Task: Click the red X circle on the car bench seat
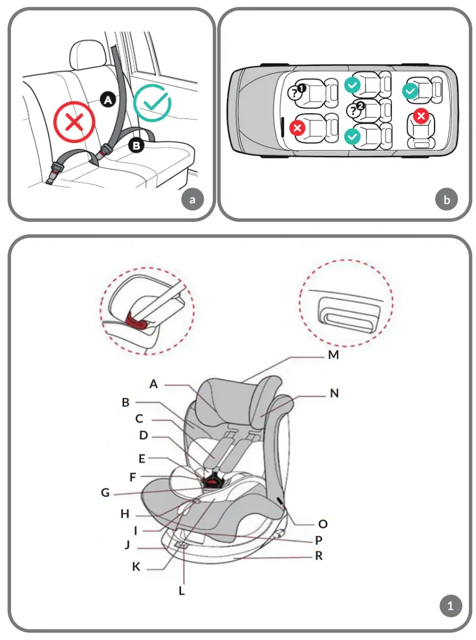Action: tap(74, 123)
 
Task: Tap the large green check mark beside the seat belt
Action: tap(152, 104)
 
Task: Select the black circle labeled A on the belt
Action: tap(108, 99)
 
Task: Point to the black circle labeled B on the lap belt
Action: tap(136, 146)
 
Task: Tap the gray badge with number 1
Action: tap(451, 606)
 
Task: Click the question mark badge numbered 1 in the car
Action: tap(297, 91)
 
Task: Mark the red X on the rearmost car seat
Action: tap(421, 116)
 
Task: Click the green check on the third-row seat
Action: tap(410, 92)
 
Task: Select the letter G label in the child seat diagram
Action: tap(105, 492)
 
